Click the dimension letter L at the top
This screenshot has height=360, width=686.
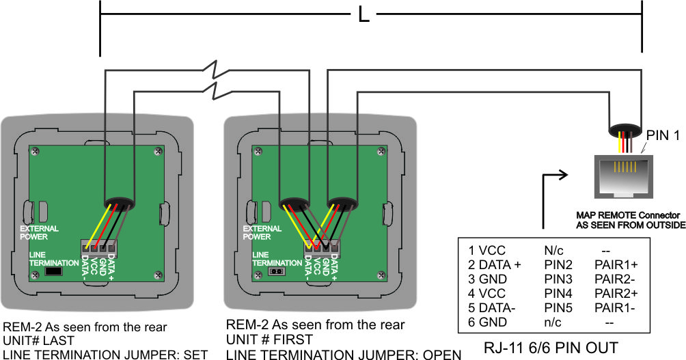coord(363,14)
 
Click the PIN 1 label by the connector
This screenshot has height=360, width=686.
coord(663,136)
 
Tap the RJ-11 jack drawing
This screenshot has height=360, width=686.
coord(625,176)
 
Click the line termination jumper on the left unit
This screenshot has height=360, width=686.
coord(53,271)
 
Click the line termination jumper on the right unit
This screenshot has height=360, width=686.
coord(277,271)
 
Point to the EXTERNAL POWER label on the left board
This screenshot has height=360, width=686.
coord(40,232)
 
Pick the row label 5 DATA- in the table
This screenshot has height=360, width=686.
coord(492,308)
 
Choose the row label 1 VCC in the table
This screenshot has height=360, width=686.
coord(487,250)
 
